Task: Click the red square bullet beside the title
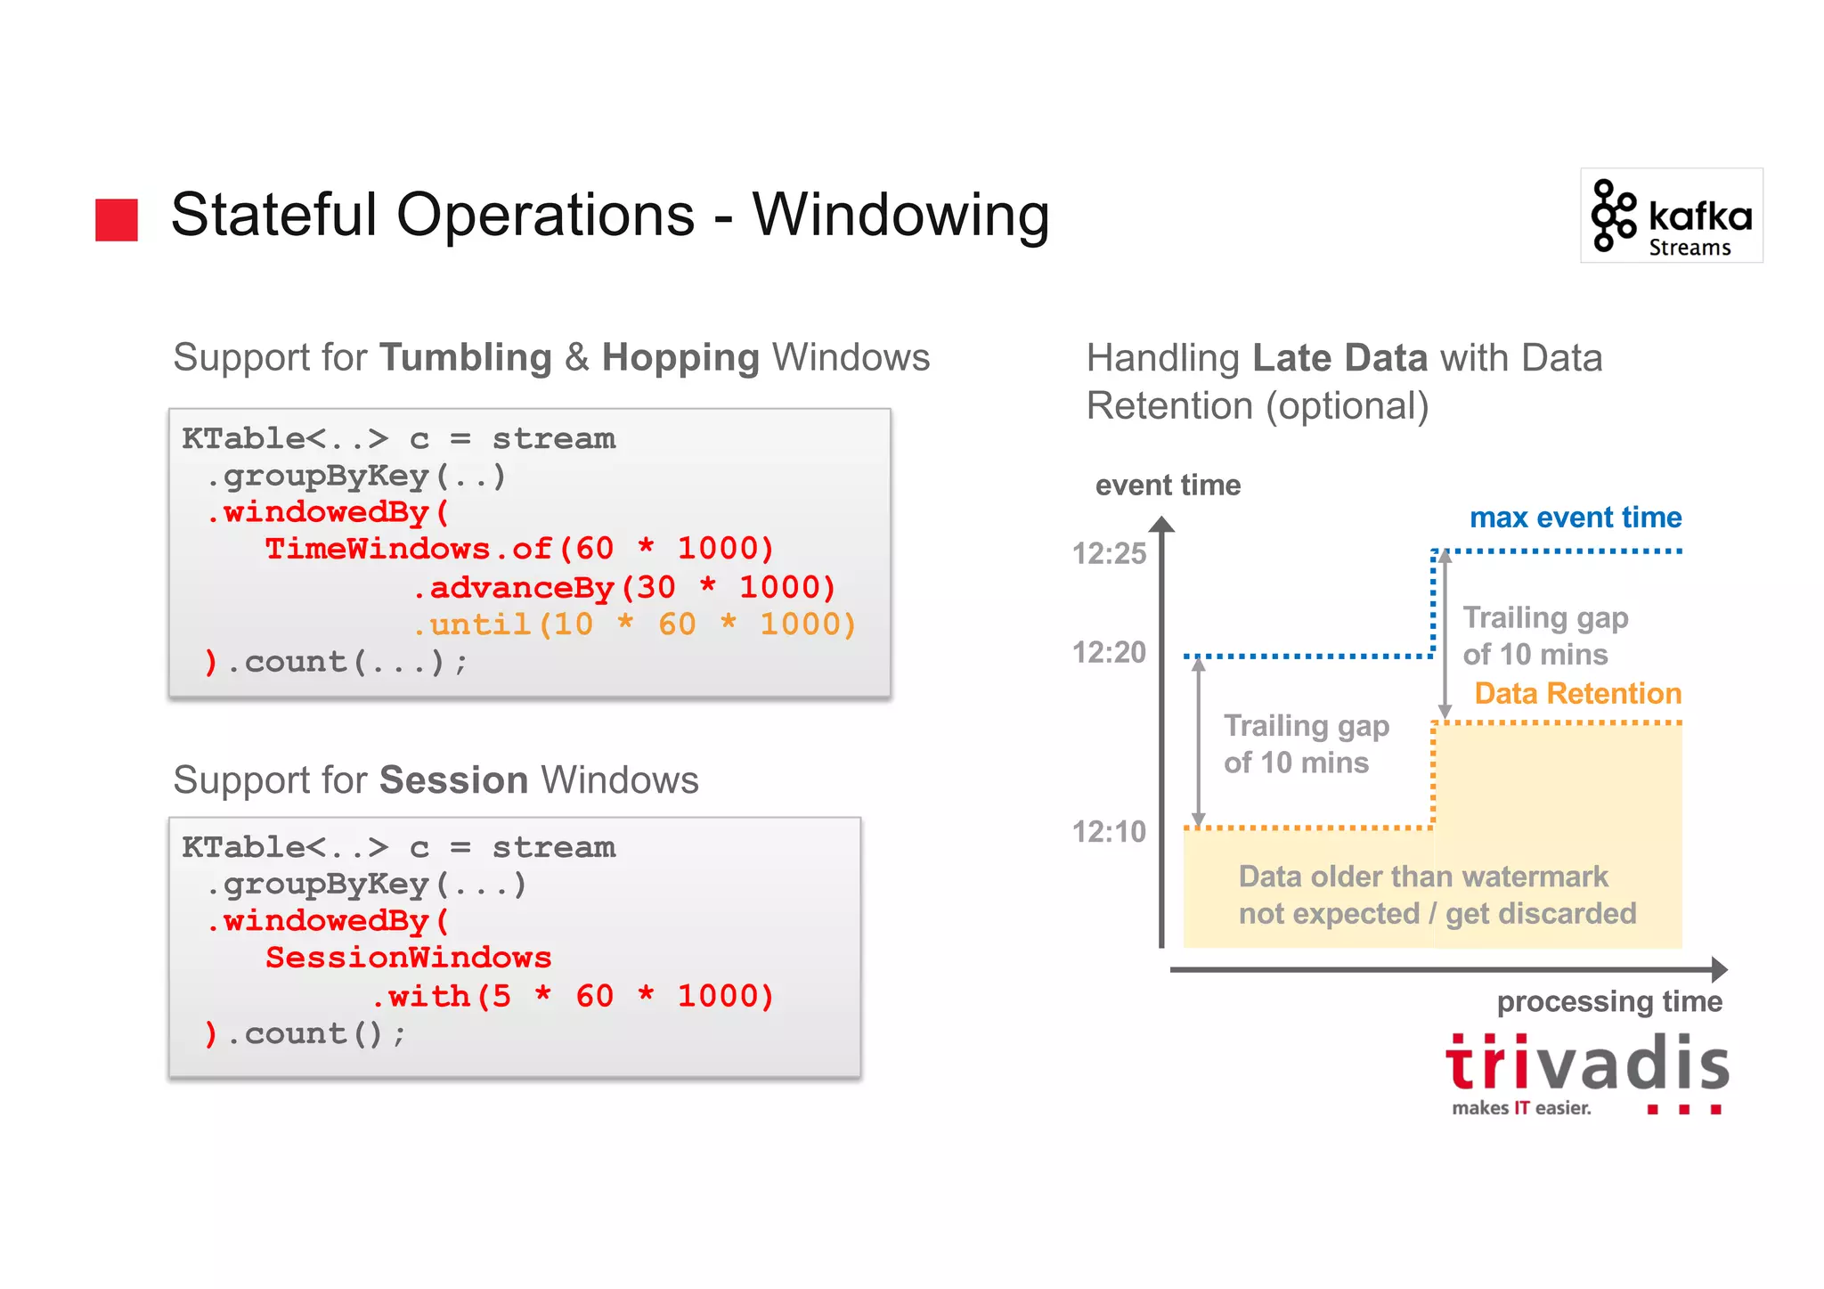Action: [117, 219]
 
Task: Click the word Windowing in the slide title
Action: [900, 216]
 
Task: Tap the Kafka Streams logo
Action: [1671, 216]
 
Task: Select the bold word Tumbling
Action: [465, 358]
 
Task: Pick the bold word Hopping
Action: [680, 358]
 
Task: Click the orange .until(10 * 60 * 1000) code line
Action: [634, 624]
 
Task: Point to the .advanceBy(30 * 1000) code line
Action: [623, 587]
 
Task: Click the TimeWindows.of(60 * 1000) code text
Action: [519, 549]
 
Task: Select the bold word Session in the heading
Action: [453, 780]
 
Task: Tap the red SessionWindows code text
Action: [409, 958]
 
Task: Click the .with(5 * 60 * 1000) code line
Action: [573, 996]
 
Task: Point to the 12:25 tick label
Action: [1109, 554]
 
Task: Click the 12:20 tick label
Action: [1109, 653]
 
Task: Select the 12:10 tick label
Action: [1109, 832]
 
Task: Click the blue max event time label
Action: [1575, 518]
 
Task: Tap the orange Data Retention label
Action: [1577, 693]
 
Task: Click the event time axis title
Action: [1168, 485]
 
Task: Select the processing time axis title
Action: [1609, 1002]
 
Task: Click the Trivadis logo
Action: [1586, 1073]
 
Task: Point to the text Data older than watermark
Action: [1422, 877]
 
